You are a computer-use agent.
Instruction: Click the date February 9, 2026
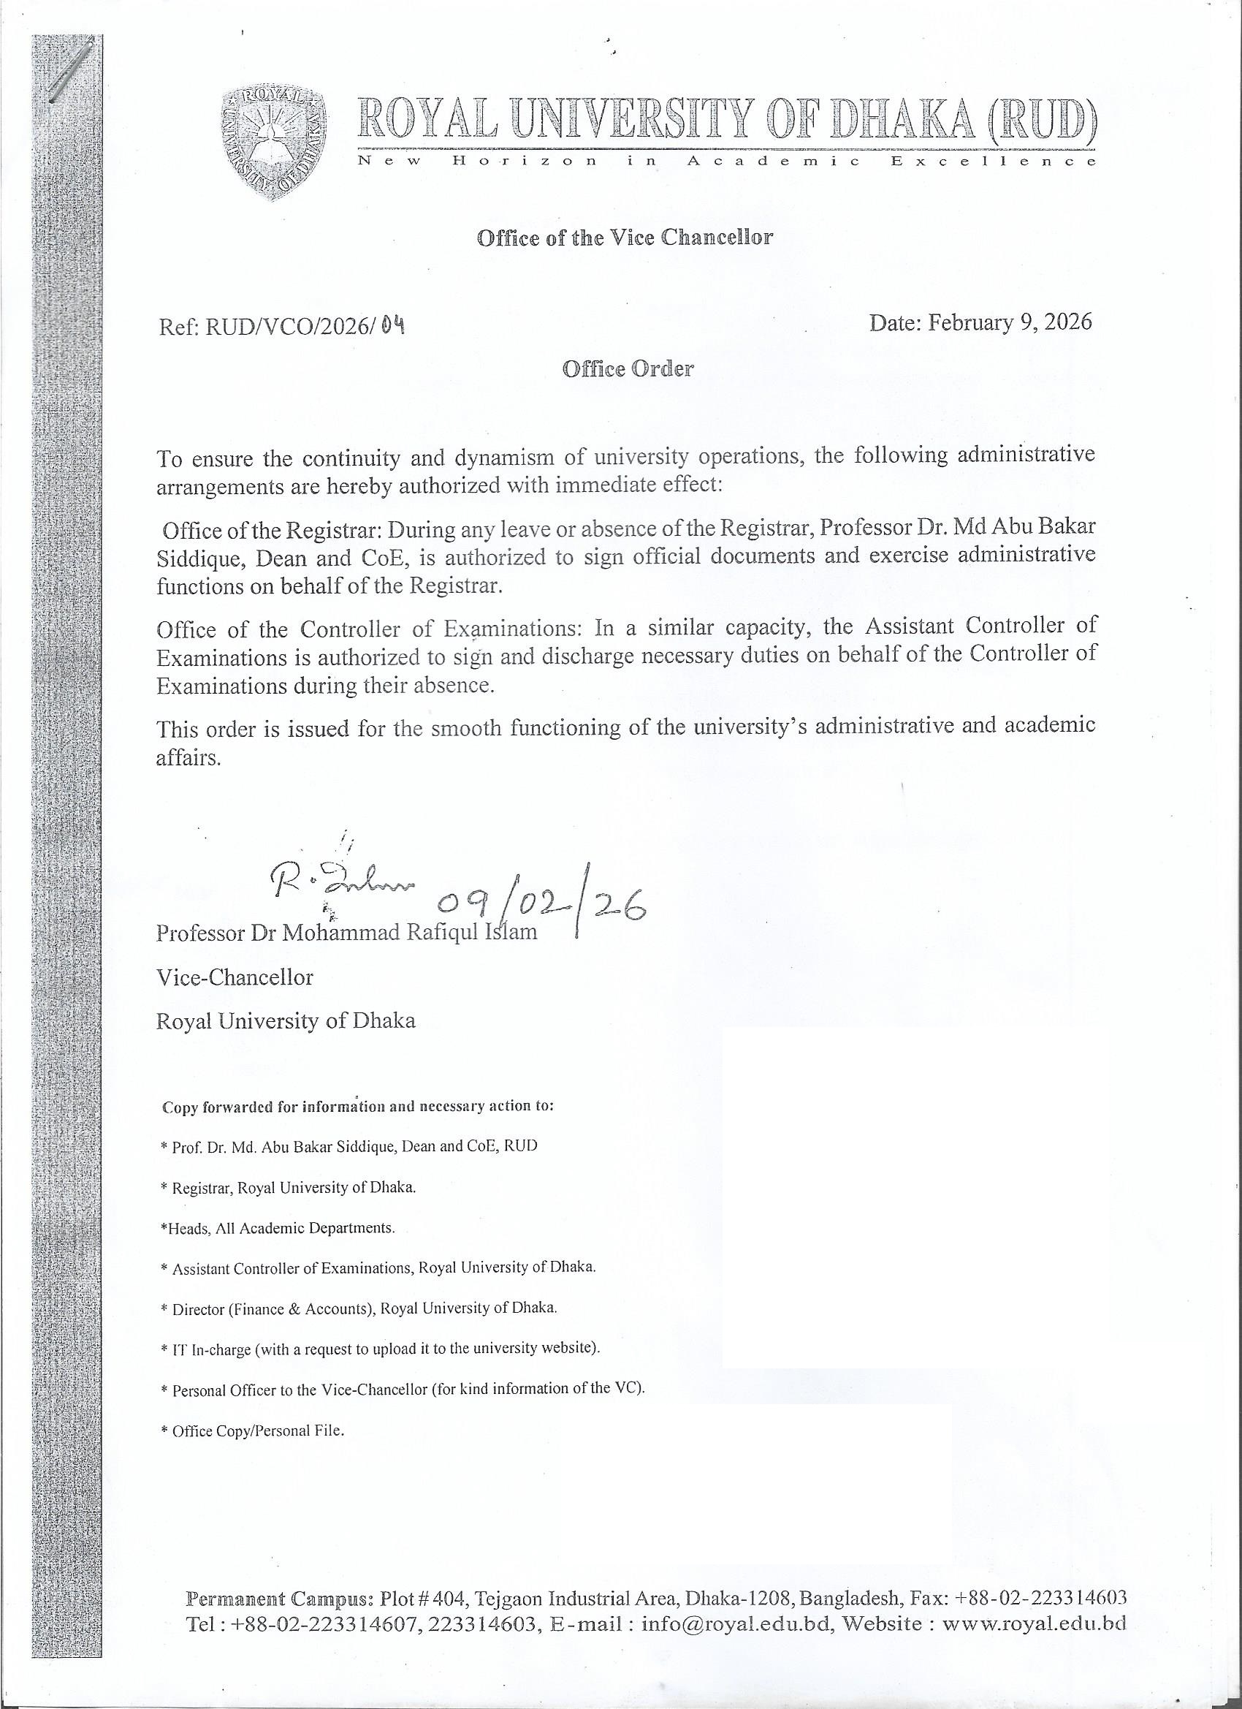(x=980, y=322)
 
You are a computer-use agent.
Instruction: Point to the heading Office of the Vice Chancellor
(x=625, y=238)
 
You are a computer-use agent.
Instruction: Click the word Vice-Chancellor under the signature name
(x=235, y=977)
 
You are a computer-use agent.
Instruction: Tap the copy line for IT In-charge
(x=381, y=1348)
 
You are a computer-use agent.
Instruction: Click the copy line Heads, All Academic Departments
(x=278, y=1227)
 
